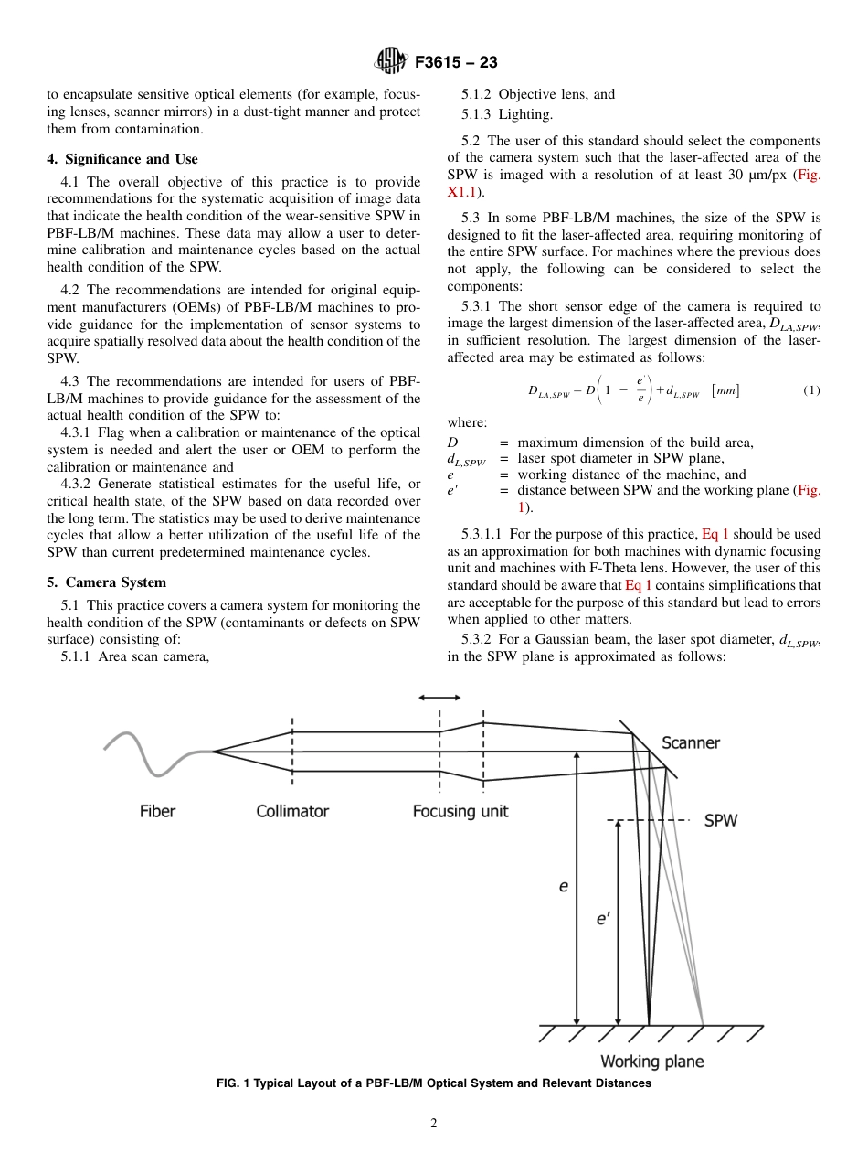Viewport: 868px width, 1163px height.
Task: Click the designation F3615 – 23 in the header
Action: click(x=456, y=63)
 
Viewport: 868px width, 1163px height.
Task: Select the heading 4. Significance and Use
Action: click(x=122, y=159)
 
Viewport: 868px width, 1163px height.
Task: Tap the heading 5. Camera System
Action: click(x=106, y=582)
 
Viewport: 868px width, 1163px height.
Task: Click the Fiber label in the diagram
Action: click(x=158, y=811)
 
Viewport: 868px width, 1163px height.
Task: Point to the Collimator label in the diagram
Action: click(x=292, y=811)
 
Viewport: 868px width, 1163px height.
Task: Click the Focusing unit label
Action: click(x=460, y=811)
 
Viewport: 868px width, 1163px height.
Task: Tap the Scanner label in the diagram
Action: click(x=691, y=743)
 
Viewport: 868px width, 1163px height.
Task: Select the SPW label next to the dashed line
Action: click(x=721, y=821)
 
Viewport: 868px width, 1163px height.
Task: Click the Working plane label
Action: click(x=651, y=1062)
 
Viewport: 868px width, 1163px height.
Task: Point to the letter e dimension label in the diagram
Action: click(x=564, y=886)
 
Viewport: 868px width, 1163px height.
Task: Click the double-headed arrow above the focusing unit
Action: click(x=439, y=698)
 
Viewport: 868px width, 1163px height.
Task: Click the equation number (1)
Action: click(x=811, y=390)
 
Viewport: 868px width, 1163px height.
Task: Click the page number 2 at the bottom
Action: click(x=434, y=1124)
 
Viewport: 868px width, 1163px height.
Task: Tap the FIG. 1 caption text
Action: click(x=433, y=1083)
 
